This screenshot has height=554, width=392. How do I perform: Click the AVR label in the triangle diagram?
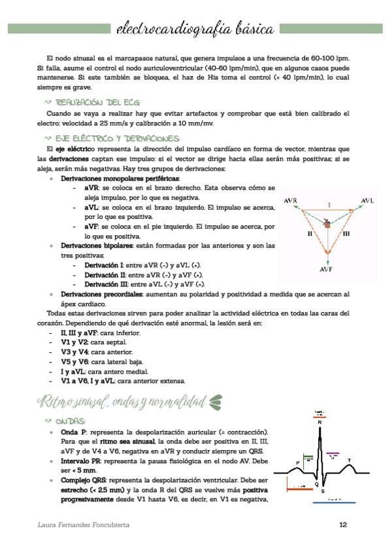291,201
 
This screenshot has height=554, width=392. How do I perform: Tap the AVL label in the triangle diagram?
367,201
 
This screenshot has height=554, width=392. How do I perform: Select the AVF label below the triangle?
328,269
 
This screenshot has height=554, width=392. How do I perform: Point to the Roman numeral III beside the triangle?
346,233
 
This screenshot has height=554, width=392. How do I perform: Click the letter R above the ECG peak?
319,423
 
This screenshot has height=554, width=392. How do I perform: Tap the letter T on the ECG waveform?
349,461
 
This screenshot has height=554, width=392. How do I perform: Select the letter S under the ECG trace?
322,491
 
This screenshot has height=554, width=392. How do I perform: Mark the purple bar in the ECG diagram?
333,453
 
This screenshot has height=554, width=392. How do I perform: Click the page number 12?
343,525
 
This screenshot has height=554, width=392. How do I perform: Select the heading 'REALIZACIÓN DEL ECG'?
98,103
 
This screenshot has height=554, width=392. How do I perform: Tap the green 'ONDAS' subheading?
71,421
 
